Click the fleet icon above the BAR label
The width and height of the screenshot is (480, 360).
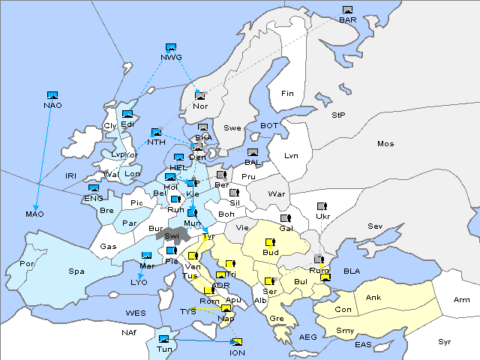pyautogui.click(x=347, y=10)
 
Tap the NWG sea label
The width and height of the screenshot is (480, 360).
pyautogui.click(x=170, y=57)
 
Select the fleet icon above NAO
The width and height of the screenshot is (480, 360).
pyautogui.click(x=52, y=95)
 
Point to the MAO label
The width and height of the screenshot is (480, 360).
pyautogui.click(x=34, y=214)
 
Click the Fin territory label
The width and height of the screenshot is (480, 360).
pyautogui.click(x=286, y=94)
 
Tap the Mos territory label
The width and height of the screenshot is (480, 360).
pyautogui.click(x=385, y=143)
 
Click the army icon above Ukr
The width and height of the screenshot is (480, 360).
pyautogui.click(x=322, y=206)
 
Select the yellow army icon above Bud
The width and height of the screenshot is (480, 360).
pyautogui.click(x=270, y=242)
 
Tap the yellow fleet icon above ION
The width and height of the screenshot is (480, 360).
pyautogui.click(x=237, y=342)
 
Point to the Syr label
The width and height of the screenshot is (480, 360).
pyautogui.click(x=445, y=341)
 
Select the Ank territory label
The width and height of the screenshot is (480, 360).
pyautogui.click(x=373, y=298)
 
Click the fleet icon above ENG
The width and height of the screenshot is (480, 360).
pyautogui.click(x=94, y=188)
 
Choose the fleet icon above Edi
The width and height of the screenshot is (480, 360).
pyautogui.click(x=127, y=114)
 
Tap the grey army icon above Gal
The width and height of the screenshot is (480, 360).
pyautogui.click(x=286, y=218)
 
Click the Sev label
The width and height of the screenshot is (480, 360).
pyautogui.click(x=375, y=226)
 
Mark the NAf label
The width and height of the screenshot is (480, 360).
pyautogui.click(x=129, y=331)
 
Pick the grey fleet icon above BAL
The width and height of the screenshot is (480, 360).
pyautogui.click(x=253, y=152)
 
